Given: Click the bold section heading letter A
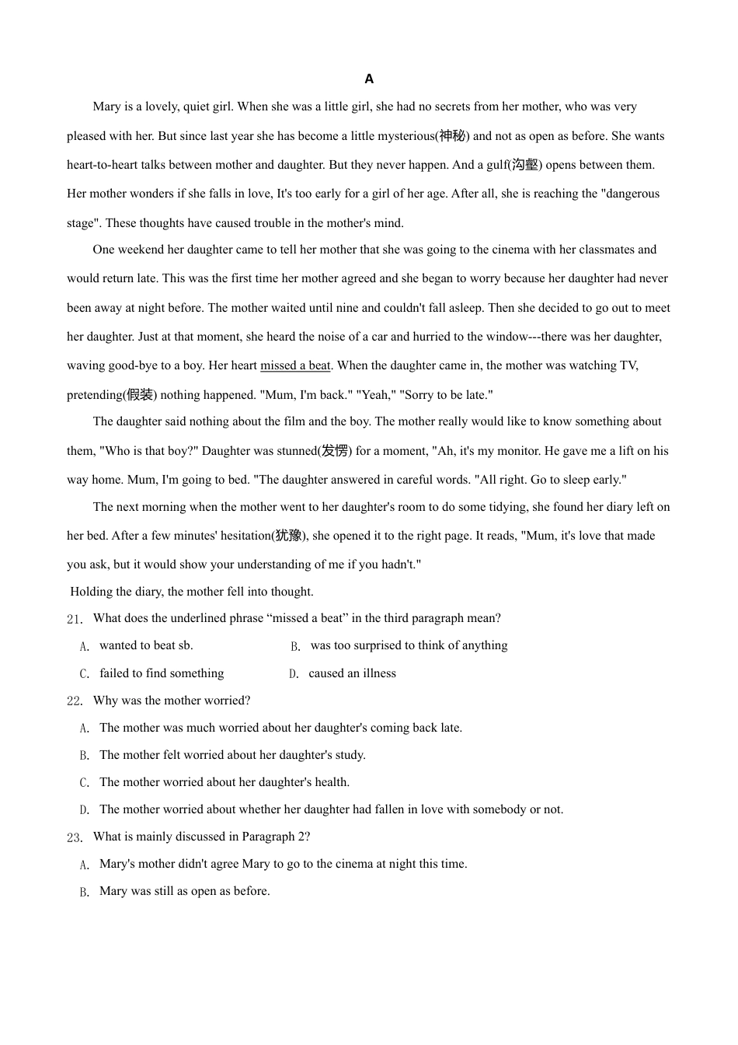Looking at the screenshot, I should [369, 79].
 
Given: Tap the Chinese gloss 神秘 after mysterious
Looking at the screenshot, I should [451, 136].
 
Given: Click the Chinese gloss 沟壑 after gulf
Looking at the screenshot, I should [525, 165].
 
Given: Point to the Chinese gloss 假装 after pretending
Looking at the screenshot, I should [140, 395].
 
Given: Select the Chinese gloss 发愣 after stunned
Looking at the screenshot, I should [335, 451].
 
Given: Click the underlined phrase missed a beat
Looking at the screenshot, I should [295, 365].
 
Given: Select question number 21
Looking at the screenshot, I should [75, 619].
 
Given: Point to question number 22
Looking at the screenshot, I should [75, 701].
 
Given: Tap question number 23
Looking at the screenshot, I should [75, 837].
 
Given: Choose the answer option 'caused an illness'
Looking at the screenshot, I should [352, 673].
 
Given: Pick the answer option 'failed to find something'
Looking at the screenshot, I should [162, 673].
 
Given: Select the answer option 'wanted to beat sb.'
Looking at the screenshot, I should [146, 645].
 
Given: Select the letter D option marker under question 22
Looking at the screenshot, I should [84, 810].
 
